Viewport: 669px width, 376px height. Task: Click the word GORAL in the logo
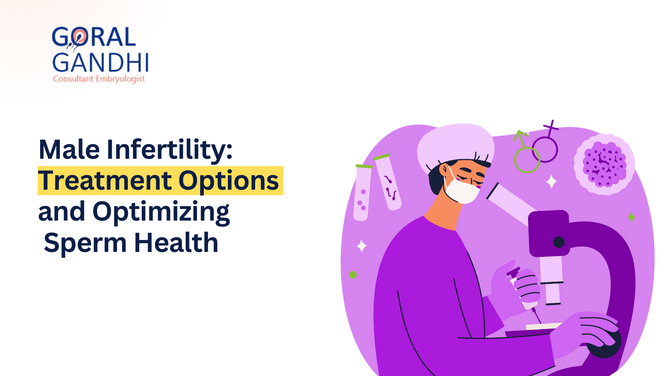click(x=94, y=37)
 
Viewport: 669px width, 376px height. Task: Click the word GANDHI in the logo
click(x=100, y=63)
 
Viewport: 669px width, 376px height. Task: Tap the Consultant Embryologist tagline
click(x=99, y=79)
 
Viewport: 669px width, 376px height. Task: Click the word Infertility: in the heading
click(x=169, y=150)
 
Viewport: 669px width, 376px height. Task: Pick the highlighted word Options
click(x=229, y=181)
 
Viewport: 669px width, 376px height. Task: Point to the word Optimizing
click(x=161, y=212)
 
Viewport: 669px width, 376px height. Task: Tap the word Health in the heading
click(x=176, y=243)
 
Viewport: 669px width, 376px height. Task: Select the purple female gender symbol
click(x=546, y=144)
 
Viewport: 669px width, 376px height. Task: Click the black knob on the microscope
click(x=559, y=242)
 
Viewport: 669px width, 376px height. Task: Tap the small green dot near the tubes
click(x=352, y=275)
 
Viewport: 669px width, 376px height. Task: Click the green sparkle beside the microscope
click(x=631, y=217)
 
